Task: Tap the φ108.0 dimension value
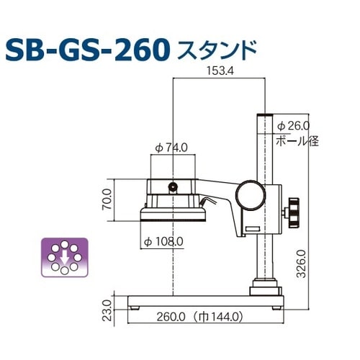click(x=164, y=240)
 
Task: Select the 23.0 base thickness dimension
click(x=106, y=304)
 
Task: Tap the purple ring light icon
click(x=63, y=256)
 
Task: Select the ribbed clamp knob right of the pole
click(x=294, y=211)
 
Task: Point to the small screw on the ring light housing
click(x=174, y=188)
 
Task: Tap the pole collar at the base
click(x=264, y=289)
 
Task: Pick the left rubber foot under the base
click(x=136, y=305)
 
